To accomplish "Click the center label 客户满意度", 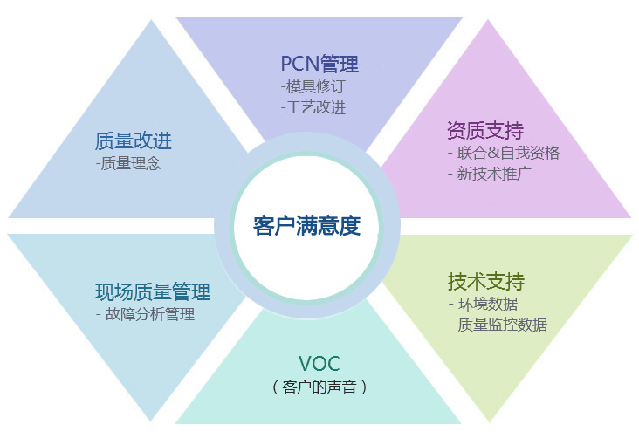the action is click(x=307, y=225).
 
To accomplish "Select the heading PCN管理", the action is click(x=319, y=64).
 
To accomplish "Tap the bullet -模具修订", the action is click(x=313, y=86).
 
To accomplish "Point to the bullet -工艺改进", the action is click(x=313, y=107).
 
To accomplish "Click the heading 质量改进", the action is click(x=134, y=141).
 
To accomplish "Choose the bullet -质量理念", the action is click(x=128, y=163).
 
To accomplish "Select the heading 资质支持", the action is click(x=485, y=130).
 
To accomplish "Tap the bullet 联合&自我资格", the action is click(x=508, y=153).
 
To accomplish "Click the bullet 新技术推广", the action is click(x=494, y=174).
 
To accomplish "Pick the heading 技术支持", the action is click(x=486, y=282).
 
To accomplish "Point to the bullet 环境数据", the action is click(x=488, y=304).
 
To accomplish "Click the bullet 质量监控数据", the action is click(x=503, y=325).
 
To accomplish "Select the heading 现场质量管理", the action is click(x=153, y=291).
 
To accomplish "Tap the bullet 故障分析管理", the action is click(x=150, y=314).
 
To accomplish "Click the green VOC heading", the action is click(x=319, y=364).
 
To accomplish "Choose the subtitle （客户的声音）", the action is click(x=319, y=387).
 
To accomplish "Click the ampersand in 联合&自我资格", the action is click(x=493, y=153).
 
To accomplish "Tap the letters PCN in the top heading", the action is click(x=299, y=64).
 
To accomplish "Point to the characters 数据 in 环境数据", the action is click(x=503, y=304).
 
